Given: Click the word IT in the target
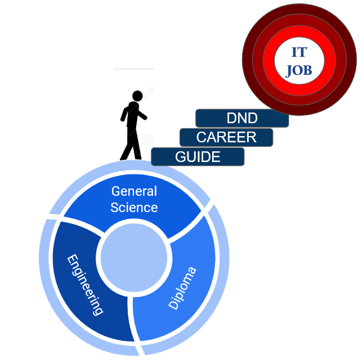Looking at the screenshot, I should point(299,53).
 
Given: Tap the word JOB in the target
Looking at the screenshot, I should point(298,70).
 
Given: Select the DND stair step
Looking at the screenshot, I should point(242,118).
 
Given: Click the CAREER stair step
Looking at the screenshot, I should point(226,137).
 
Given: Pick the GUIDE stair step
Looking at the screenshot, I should point(198,156).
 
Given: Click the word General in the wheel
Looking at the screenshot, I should point(134,191).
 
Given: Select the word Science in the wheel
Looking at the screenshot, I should point(134,207).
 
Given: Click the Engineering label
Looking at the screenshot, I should point(85,284).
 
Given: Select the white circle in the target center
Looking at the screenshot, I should point(298,61).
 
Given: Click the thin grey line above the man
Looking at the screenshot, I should point(133,69).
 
